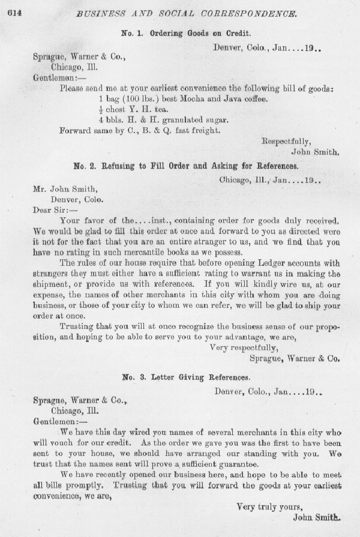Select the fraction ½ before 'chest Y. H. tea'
pos(100,109)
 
